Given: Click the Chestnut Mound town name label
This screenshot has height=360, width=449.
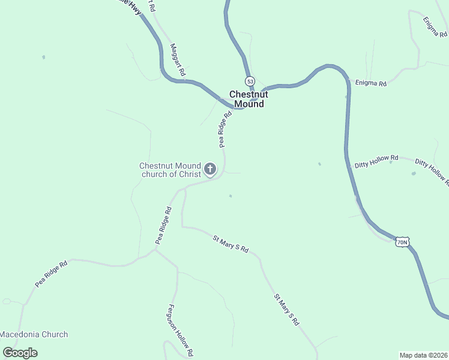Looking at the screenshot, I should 249,99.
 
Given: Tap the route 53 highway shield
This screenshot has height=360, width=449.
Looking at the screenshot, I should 250,81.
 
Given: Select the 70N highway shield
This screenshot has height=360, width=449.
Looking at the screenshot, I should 402,242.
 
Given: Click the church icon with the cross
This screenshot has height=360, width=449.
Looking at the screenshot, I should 210,169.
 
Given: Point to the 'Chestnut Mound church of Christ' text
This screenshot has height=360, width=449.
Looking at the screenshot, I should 169,170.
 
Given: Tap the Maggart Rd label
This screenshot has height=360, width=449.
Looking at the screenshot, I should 177,59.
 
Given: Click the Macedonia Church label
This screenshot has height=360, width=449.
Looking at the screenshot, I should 34,334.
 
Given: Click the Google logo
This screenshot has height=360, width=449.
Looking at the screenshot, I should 20,353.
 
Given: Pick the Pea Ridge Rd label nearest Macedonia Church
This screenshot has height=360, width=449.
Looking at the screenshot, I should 51,273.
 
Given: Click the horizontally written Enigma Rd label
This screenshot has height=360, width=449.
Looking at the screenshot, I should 370,83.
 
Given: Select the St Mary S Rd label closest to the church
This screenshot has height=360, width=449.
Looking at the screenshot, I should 231,243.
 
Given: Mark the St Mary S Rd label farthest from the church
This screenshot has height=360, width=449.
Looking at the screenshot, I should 286,309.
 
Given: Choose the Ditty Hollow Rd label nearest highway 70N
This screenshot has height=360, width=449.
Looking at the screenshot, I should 376,161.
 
